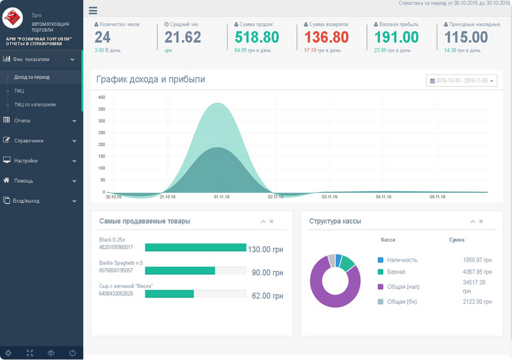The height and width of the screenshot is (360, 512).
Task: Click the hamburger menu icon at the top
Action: (x=93, y=10)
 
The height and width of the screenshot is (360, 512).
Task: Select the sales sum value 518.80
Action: (x=257, y=37)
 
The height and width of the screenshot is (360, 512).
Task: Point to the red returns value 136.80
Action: (x=326, y=37)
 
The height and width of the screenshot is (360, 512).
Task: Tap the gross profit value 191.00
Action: (x=396, y=37)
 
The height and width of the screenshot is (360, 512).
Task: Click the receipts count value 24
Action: (x=103, y=37)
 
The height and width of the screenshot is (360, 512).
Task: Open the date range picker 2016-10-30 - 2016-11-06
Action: (x=462, y=80)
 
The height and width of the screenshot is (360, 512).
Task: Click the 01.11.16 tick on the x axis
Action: (x=221, y=197)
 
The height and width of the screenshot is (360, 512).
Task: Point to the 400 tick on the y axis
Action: (x=101, y=97)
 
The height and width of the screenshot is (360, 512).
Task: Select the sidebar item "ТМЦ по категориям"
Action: (x=35, y=105)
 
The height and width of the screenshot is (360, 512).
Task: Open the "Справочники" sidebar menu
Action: (x=29, y=140)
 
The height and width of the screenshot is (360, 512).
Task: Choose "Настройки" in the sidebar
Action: (x=26, y=161)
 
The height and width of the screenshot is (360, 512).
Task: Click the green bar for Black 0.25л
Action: (x=196, y=247)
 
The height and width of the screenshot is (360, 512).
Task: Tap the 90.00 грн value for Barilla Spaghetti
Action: (x=268, y=272)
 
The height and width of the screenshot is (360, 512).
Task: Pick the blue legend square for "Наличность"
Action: (x=381, y=260)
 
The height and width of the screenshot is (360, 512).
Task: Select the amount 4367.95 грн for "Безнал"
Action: (x=477, y=272)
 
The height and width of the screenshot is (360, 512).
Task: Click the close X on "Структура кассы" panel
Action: (x=481, y=221)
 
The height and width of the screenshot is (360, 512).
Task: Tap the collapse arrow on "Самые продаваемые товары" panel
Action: (x=263, y=221)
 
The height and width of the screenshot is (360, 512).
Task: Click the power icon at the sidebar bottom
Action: (x=73, y=353)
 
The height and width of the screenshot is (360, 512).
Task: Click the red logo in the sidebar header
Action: (x=13, y=18)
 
